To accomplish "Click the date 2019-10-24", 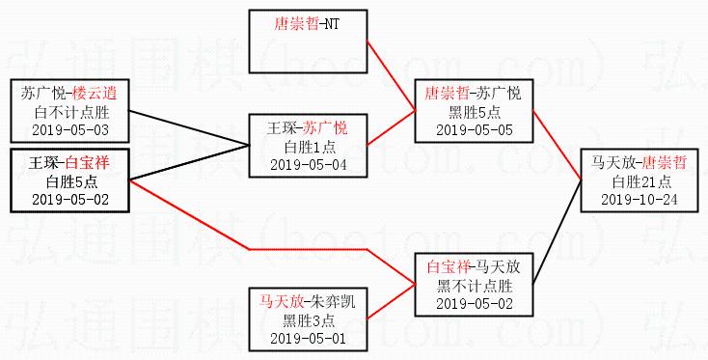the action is (639, 200).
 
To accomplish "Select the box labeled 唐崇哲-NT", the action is (308, 42).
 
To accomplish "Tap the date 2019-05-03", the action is (70, 130).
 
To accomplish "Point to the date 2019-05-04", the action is (309, 165).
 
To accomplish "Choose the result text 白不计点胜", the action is (71, 112).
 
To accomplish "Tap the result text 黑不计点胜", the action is (475, 286).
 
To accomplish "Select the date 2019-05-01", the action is (309, 339).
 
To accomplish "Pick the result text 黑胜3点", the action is (309, 320).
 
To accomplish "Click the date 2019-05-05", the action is (475, 130).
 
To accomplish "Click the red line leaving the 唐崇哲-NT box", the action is (391, 76).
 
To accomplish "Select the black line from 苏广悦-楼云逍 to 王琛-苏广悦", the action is (189, 127).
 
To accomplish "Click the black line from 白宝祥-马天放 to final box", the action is (558, 233).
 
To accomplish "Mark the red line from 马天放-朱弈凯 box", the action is (391, 302).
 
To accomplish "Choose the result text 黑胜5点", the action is (475, 112).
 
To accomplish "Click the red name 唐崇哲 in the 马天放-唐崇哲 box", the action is (665, 162).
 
